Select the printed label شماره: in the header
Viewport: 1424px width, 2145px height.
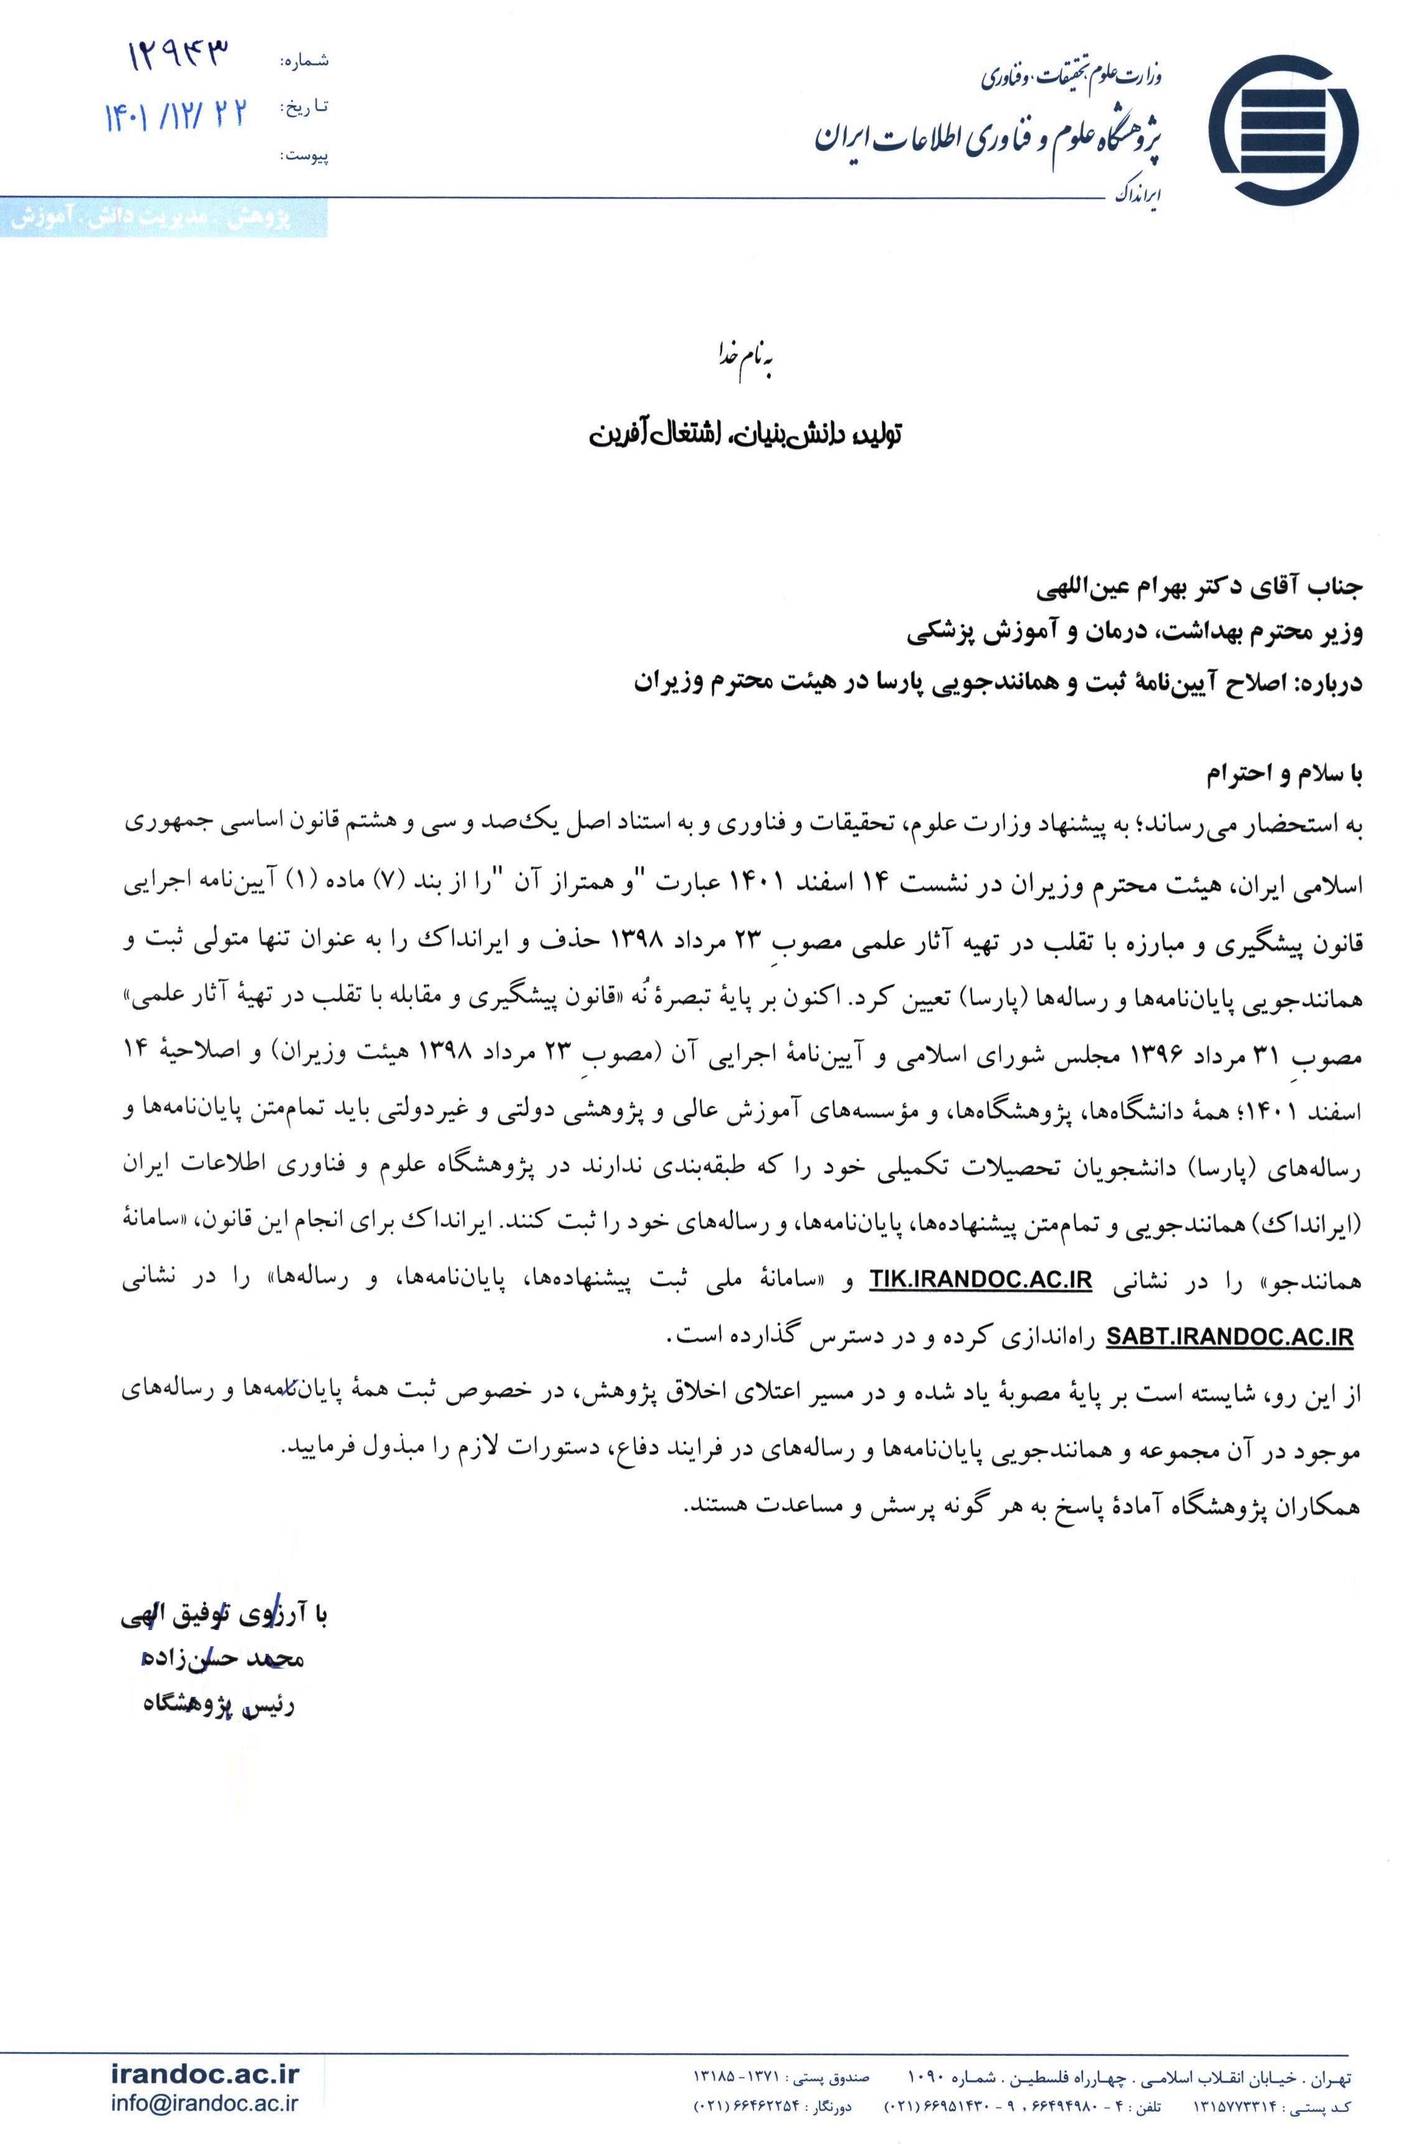305,62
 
